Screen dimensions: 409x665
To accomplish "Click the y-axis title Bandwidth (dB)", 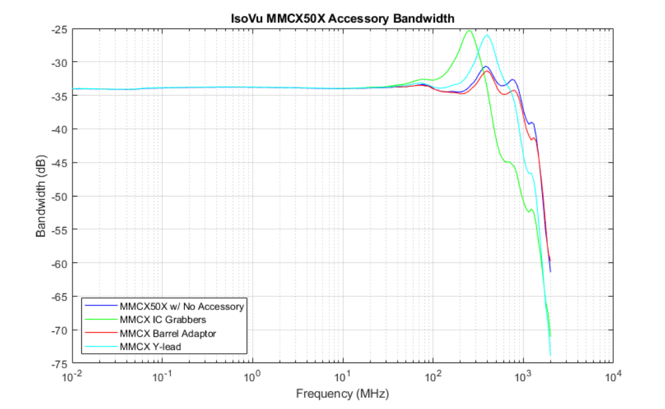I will click(42, 197).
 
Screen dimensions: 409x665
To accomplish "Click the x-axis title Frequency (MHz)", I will click(342, 394).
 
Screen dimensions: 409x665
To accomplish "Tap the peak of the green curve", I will click(469, 31).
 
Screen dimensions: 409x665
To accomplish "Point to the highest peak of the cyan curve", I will click(487, 35).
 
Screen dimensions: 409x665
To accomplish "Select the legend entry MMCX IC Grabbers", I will click(163, 319).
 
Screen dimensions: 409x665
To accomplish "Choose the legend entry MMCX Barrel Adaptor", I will click(168, 333).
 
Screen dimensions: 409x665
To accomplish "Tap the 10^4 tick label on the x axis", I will click(613, 376).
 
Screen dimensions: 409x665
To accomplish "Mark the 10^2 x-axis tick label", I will click(433, 376).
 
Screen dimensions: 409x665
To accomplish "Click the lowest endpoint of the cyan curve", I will click(551, 356).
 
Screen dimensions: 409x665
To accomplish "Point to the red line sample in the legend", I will click(100, 333).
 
